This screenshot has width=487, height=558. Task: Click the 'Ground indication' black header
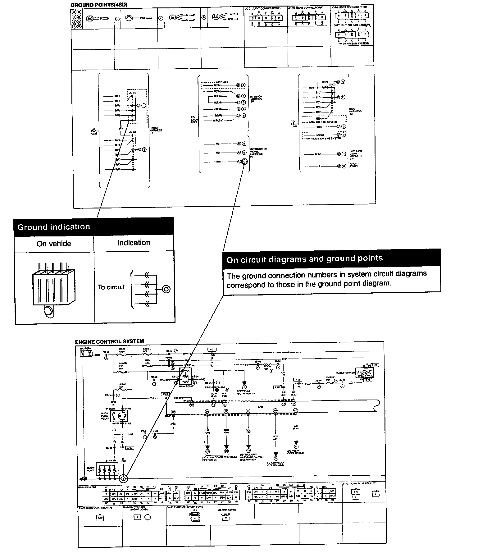(93, 227)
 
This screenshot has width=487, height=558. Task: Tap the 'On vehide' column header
(54, 244)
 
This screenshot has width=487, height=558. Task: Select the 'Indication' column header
(134, 243)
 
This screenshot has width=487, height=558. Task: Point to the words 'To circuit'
(111, 287)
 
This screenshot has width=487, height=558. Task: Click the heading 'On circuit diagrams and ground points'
(304, 259)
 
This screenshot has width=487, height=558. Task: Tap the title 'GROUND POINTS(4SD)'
(99, 5)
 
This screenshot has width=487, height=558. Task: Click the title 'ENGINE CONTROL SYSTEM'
(109, 341)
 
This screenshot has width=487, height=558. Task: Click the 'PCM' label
(260, 407)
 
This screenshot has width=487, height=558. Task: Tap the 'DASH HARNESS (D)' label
(355, 111)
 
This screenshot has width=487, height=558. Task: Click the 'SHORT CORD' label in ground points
(354, 165)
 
